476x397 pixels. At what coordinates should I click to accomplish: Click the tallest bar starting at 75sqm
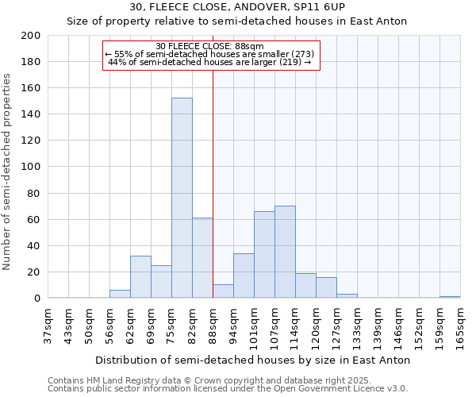[182, 198]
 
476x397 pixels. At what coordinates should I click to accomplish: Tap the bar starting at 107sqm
[285, 252]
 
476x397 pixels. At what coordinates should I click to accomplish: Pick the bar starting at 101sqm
[264, 255]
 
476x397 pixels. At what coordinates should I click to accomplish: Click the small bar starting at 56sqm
[120, 295]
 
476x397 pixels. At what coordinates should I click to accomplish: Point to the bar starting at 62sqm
[140, 277]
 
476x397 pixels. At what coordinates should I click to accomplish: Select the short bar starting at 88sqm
[223, 291]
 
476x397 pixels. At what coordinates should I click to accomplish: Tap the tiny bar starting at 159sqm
[450, 297]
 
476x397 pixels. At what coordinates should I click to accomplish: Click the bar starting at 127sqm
[347, 296]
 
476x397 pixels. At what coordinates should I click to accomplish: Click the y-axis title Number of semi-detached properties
[8, 172]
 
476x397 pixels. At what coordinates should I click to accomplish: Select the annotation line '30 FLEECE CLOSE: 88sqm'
[210, 46]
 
